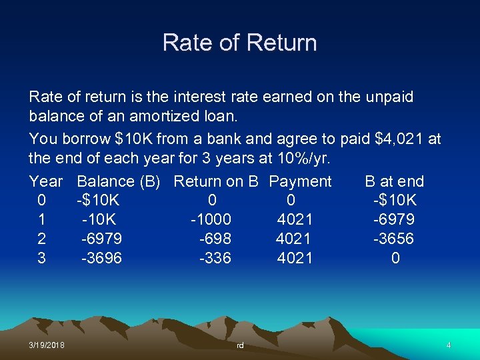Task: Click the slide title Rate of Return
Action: click(x=239, y=43)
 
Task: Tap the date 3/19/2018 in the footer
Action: click(x=47, y=345)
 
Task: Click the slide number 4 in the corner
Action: click(x=449, y=345)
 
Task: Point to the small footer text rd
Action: click(x=240, y=345)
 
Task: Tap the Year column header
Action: click(x=46, y=181)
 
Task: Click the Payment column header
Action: click(x=300, y=181)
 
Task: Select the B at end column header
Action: click(x=394, y=181)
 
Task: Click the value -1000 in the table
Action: click(x=211, y=219)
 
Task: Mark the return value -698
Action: click(x=215, y=239)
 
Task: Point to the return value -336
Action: click(x=215, y=258)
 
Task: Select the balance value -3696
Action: click(x=101, y=258)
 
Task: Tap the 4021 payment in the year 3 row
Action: click(x=295, y=258)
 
